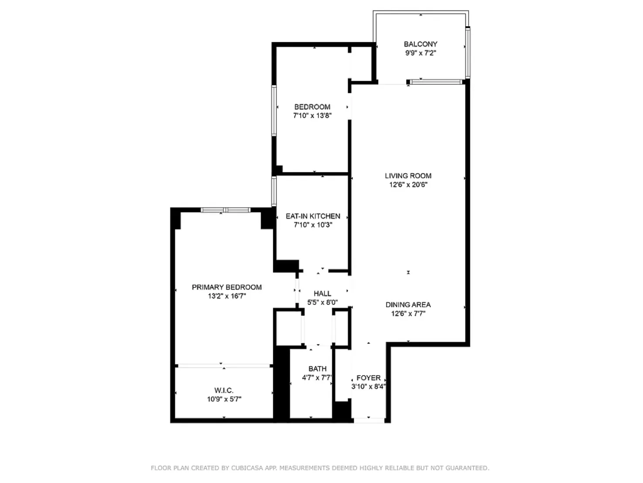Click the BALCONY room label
[420, 44]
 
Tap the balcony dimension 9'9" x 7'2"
[420, 53]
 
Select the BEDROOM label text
[312, 107]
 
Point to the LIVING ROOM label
[408, 176]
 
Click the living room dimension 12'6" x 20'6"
[408, 185]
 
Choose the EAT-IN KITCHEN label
[313, 216]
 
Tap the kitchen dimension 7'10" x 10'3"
[313, 225]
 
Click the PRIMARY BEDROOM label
[226, 287]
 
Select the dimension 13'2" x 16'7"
[226, 296]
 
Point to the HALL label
[322, 294]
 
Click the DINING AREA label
[408, 305]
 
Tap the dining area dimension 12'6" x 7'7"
[408, 314]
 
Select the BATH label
[317, 369]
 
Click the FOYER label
[368, 378]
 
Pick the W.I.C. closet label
[224, 390]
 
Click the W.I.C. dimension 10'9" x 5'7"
[224, 399]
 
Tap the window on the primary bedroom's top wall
[226, 210]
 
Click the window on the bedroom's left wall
[274, 111]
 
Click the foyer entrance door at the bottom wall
[369, 421]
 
